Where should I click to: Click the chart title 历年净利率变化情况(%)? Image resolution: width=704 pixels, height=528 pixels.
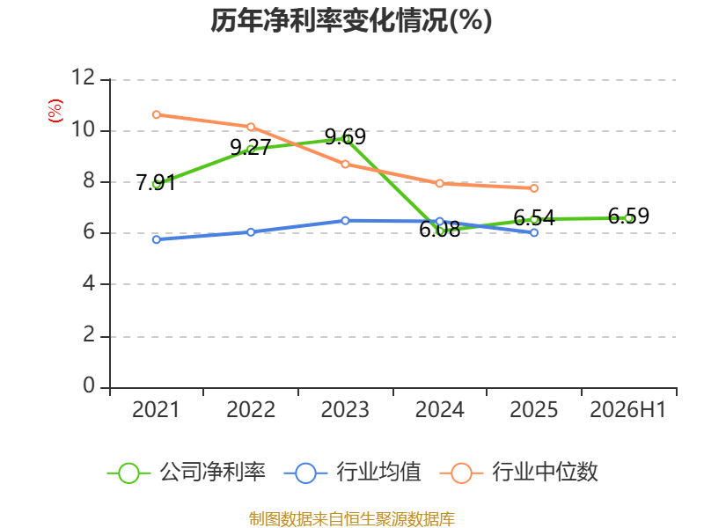click(x=351, y=20)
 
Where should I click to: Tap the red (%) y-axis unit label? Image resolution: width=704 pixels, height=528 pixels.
click(x=55, y=111)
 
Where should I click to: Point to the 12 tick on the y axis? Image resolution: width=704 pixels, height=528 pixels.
click(x=84, y=77)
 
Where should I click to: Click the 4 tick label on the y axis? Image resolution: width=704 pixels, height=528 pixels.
click(x=89, y=283)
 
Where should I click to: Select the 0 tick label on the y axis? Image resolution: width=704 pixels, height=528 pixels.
click(x=89, y=385)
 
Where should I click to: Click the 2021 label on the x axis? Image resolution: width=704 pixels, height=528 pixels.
click(x=156, y=409)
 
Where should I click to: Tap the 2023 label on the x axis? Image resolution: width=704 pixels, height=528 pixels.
click(x=345, y=409)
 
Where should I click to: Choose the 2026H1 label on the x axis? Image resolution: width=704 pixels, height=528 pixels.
click(x=628, y=409)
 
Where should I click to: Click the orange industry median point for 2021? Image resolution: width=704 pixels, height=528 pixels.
click(x=157, y=114)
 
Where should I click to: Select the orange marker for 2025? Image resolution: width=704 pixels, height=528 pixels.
click(x=534, y=188)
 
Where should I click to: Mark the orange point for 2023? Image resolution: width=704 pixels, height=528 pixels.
click(x=345, y=165)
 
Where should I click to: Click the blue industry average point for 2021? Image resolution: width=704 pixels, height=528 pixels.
click(x=157, y=239)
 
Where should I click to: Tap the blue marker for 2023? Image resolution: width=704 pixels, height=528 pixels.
click(x=345, y=221)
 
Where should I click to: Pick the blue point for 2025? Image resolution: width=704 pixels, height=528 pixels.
click(x=534, y=232)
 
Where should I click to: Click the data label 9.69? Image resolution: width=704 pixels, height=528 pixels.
click(x=345, y=136)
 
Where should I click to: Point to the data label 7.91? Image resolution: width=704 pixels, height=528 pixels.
click(x=156, y=183)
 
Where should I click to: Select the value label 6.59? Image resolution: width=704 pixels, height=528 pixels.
click(x=628, y=216)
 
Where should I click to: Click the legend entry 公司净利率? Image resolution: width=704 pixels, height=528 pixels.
click(x=187, y=473)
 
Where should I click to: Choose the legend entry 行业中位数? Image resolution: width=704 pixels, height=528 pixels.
click(x=519, y=473)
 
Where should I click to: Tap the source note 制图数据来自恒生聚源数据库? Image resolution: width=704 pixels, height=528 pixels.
click(x=352, y=519)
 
